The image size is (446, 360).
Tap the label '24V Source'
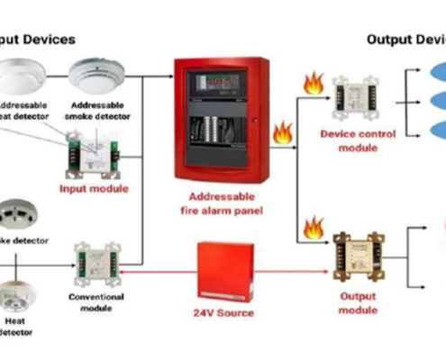(x=223, y=312)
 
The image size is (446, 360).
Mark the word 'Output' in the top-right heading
(x=388, y=40)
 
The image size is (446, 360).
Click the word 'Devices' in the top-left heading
(x=45, y=40)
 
